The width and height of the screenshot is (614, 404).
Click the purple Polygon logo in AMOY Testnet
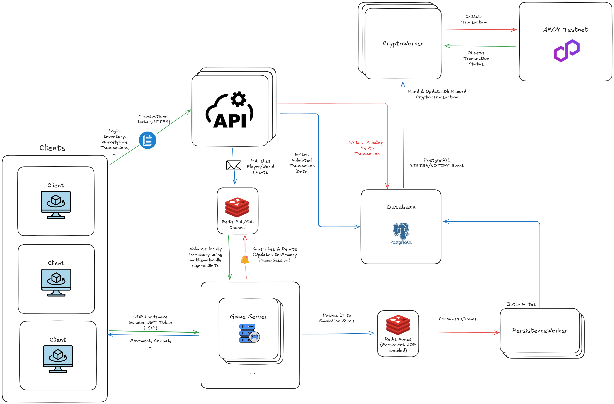point(567,51)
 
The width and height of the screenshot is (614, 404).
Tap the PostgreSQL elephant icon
point(401,231)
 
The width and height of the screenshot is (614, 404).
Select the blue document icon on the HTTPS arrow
point(148,140)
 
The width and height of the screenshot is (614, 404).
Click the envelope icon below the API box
point(234,165)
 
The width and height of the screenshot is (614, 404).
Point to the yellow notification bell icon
point(245,259)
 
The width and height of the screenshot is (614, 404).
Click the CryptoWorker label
point(403,43)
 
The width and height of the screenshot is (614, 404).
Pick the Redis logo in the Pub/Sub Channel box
point(237,207)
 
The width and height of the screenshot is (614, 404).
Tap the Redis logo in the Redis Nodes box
point(398,325)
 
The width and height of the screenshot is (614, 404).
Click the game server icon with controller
point(249,333)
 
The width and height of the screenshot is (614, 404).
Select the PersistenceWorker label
point(540,330)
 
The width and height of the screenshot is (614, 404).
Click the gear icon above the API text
point(238,99)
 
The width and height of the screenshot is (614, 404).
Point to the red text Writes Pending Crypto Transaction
point(367,148)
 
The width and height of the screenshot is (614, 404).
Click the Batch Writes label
point(521,304)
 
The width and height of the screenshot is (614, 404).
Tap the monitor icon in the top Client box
point(56,205)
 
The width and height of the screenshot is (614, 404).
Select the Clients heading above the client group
point(52,148)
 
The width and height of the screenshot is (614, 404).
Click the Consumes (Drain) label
point(457,319)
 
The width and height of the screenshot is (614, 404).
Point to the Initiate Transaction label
point(474,19)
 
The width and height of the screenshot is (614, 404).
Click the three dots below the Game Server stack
point(250,373)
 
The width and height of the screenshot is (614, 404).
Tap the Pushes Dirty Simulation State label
point(337,318)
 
